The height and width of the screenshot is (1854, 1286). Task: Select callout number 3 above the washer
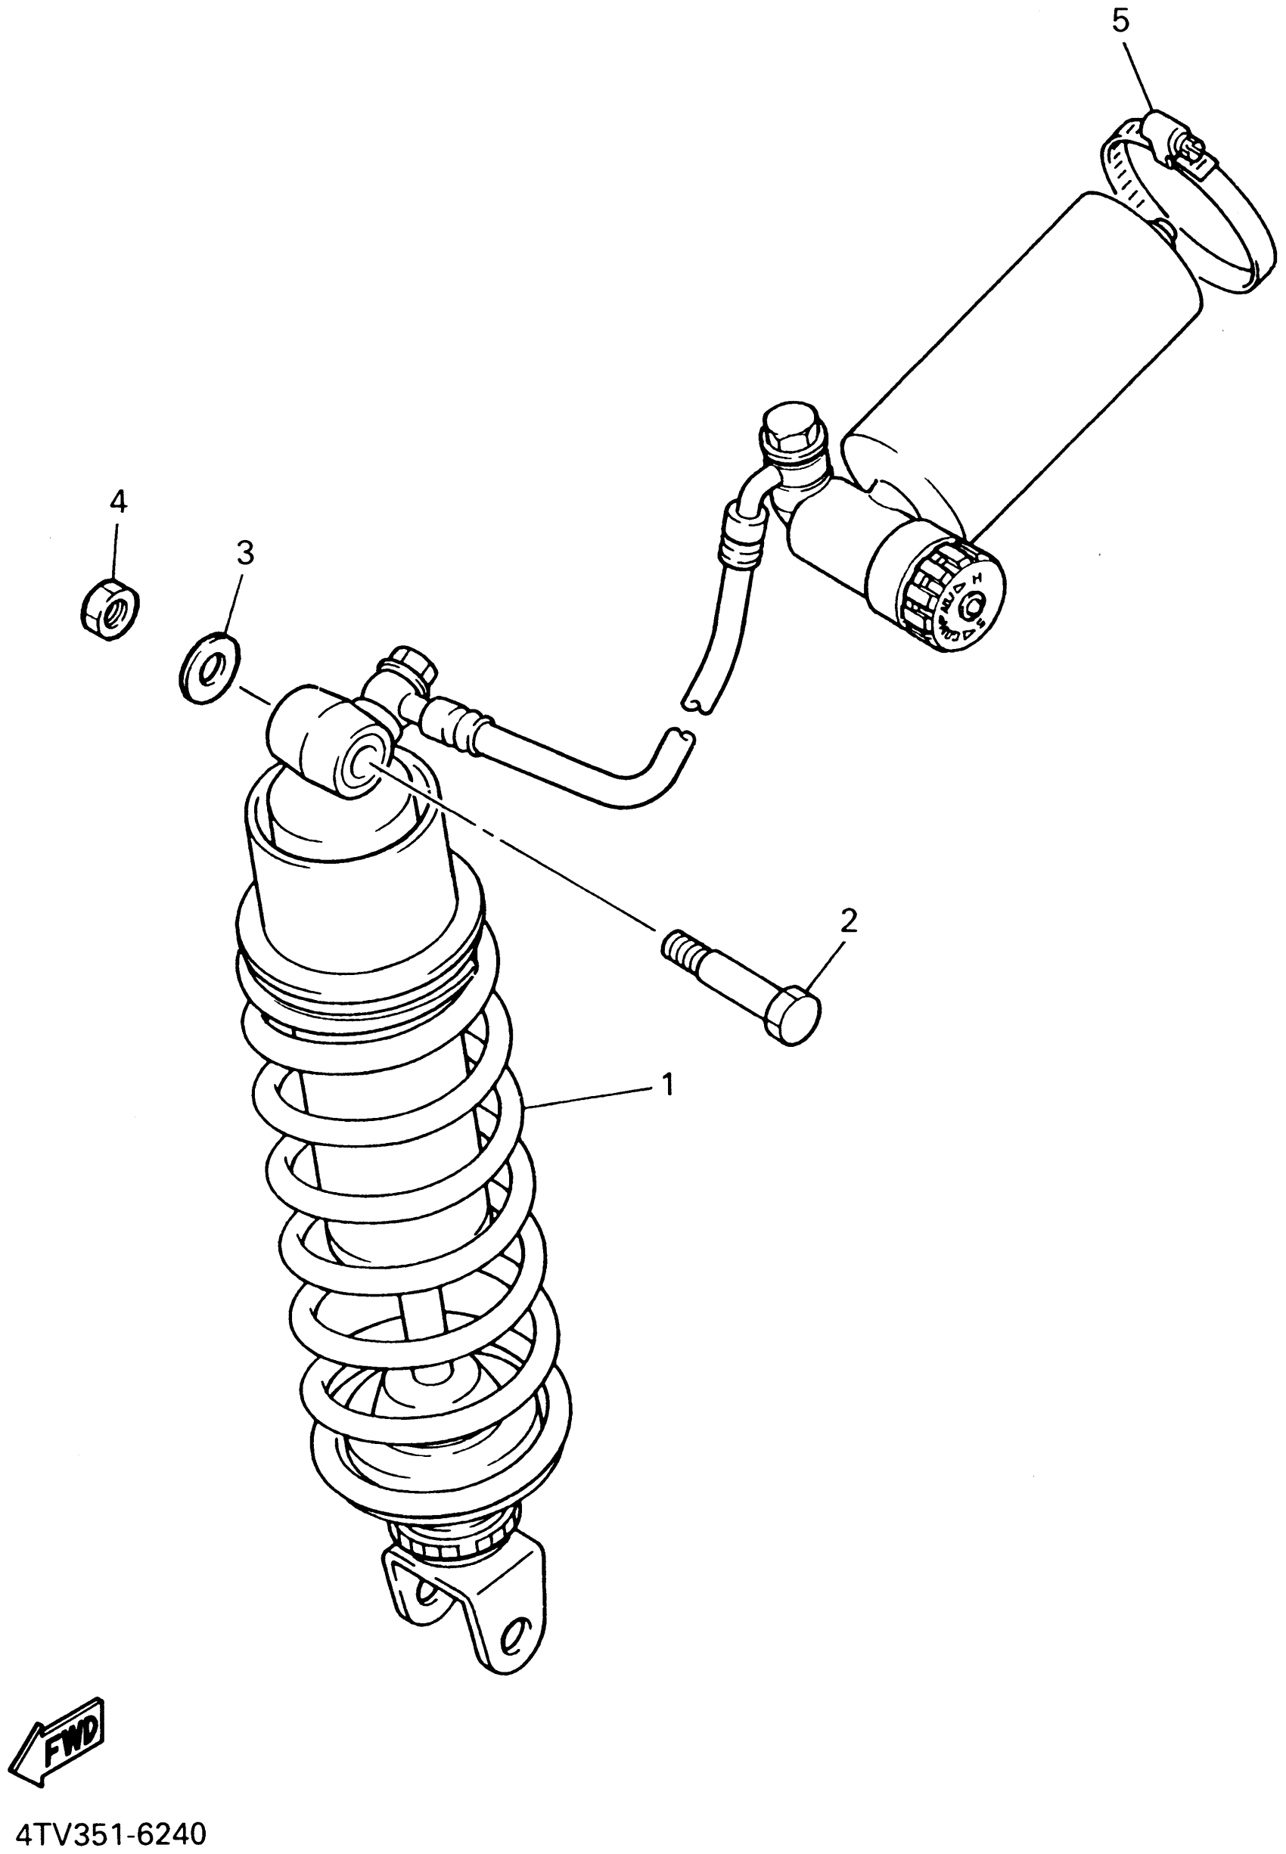tap(245, 553)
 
